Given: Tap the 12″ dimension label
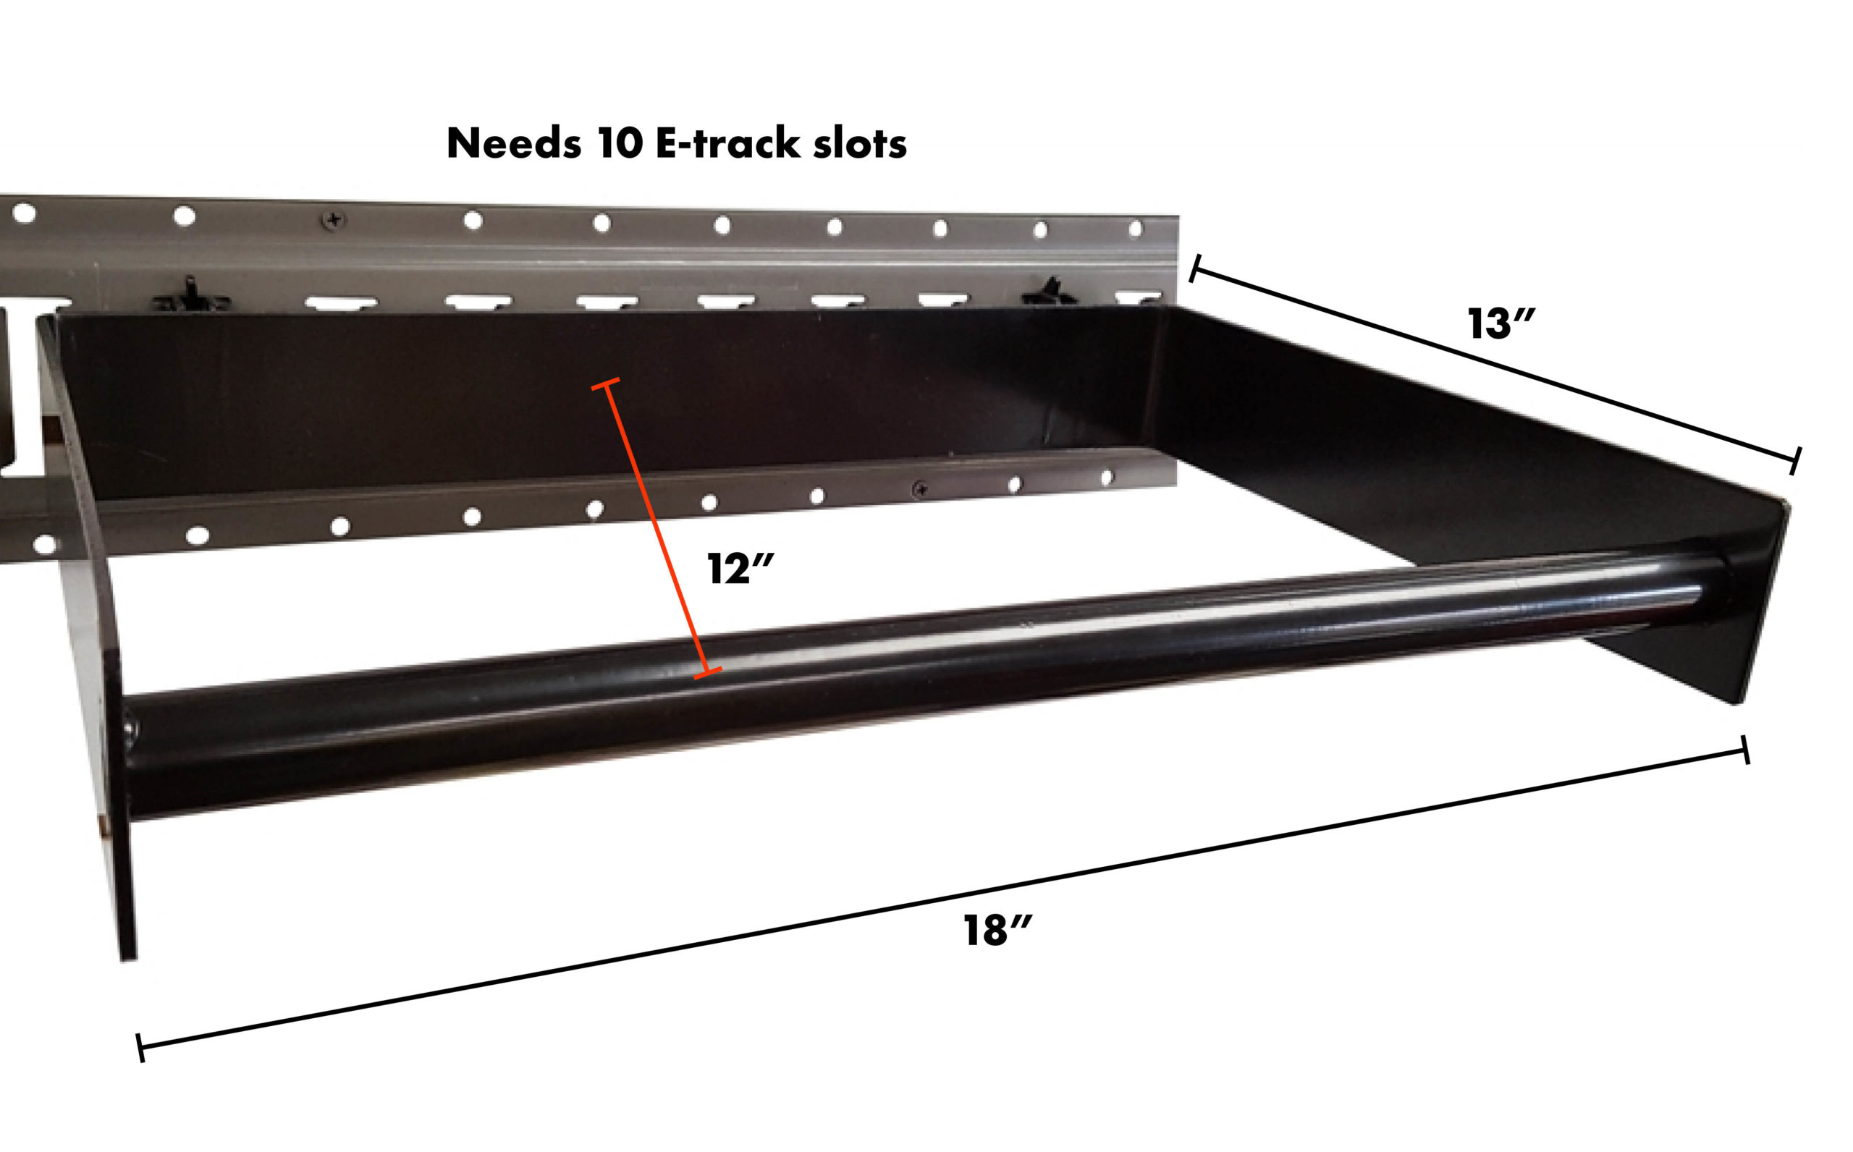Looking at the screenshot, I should point(739,569).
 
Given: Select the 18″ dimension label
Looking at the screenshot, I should point(997,931).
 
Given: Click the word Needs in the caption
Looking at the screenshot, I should point(513,143).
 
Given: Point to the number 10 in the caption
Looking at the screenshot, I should point(620,143).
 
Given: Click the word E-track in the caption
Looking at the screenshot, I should point(727,143).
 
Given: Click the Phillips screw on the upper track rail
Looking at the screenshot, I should point(333,220).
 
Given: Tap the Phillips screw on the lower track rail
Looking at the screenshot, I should point(921,489).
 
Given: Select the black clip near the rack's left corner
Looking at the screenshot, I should point(190,296).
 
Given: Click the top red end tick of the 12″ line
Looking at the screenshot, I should point(606,384).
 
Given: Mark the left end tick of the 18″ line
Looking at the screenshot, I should point(140,1048).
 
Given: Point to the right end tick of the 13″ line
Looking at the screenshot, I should point(1795,461).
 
